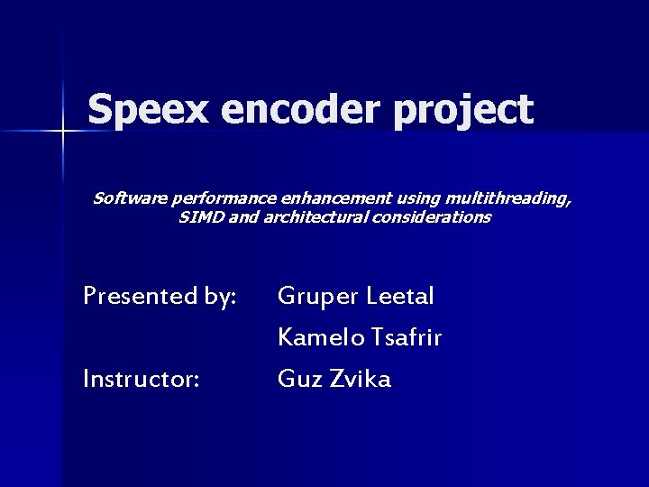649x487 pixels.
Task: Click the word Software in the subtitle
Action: pyautogui.click(x=124, y=198)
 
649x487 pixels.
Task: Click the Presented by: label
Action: pyautogui.click(x=160, y=296)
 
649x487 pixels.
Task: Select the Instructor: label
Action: pyautogui.click(x=141, y=379)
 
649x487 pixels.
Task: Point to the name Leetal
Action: pyautogui.click(x=402, y=296)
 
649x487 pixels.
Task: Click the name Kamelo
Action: pyautogui.click(x=320, y=337)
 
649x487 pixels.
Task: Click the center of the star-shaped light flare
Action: pyautogui.click(x=63, y=133)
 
